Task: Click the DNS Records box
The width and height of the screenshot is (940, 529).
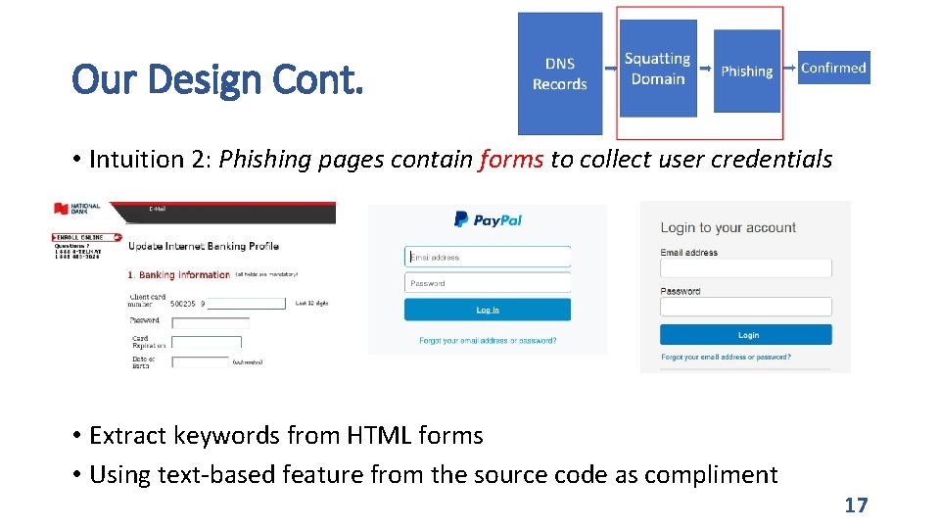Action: click(x=560, y=73)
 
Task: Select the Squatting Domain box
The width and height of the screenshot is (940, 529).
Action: click(x=657, y=69)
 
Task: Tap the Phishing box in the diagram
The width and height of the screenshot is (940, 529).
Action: click(x=746, y=71)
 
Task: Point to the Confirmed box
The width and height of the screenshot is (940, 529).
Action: click(x=833, y=68)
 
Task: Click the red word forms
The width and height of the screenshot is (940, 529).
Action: click(x=511, y=160)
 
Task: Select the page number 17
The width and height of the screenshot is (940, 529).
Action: click(x=856, y=505)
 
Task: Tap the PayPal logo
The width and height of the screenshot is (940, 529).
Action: click(x=488, y=220)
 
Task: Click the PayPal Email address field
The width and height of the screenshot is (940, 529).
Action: click(x=488, y=258)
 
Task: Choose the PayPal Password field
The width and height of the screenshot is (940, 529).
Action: click(x=488, y=283)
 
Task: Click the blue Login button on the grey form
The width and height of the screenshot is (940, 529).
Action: click(x=746, y=335)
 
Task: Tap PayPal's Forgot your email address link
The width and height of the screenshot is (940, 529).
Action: click(x=488, y=341)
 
